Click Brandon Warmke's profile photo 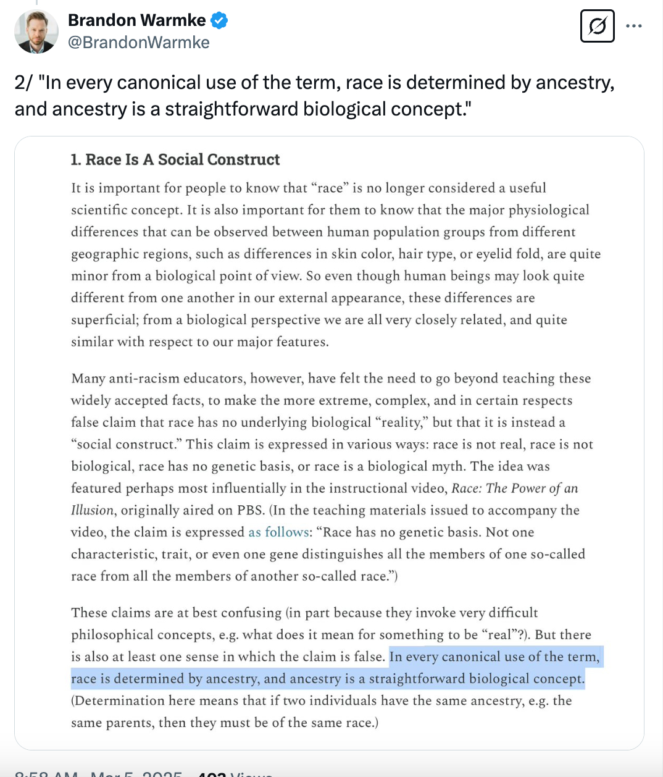(36, 31)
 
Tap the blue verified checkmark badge (219, 20)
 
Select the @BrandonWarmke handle (138, 42)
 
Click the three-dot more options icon (633, 26)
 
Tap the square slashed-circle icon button (597, 26)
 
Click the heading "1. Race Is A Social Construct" (175, 159)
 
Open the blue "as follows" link (278, 532)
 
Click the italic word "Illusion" (93, 510)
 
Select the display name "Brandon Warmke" (136, 20)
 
